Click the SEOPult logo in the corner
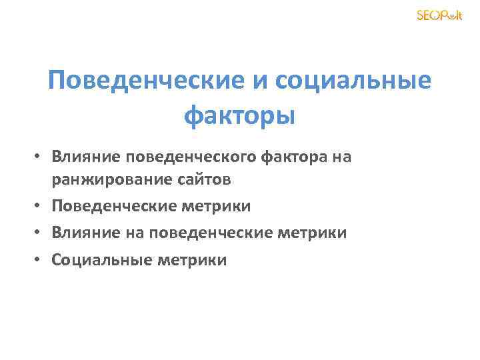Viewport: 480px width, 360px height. tap(439, 15)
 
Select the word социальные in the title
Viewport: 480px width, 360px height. tap(351, 81)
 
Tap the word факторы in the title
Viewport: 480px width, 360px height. tap(239, 116)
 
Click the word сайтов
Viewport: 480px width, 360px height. tap(206, 180)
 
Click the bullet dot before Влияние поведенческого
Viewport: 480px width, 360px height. tap(40, 157)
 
